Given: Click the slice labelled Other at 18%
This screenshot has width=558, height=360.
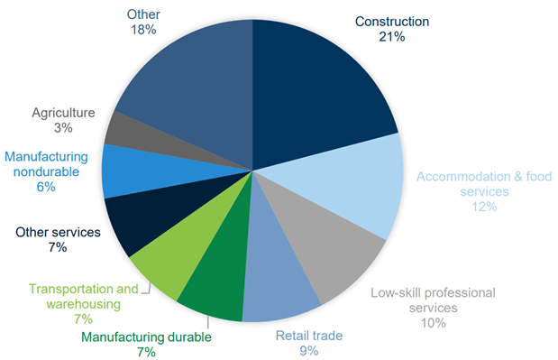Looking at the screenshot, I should (185, 77).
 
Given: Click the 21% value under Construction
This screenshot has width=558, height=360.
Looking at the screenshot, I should (392, 38).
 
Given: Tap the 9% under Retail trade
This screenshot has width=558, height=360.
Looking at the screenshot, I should (309, 351).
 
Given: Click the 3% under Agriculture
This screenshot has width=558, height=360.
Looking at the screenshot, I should (63, 129).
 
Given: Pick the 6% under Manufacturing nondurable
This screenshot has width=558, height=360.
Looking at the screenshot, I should (47, 187).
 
